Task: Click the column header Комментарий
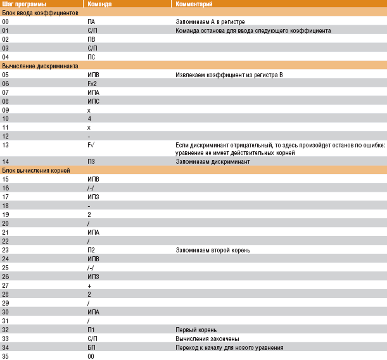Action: (x=192, y=4)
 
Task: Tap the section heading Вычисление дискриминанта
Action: (x=40, y=66)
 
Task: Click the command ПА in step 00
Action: (x=91, y=22)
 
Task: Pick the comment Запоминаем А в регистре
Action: (x=210, y=22)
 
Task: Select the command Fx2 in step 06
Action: (x=92, y=83)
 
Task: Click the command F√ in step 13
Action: (x=92, y=145)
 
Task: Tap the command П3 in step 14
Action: (x=91, y=162)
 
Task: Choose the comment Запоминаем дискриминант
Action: (x=213, y=162)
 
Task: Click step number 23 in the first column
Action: (x=6, y=250)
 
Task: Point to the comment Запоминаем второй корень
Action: (x=213, y=250)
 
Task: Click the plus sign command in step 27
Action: (x=89, y=285)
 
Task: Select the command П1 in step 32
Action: (x=91, y=330)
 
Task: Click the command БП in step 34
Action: (x=91, y=347)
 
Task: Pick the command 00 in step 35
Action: (x=91, y=356)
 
